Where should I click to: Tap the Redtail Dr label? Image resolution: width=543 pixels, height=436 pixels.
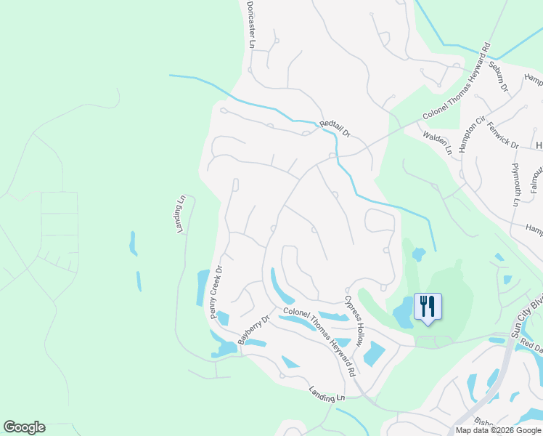(335, 130)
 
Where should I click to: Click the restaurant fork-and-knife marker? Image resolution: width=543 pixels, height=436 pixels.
(427, 306)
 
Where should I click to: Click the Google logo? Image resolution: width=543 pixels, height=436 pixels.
(24, 427)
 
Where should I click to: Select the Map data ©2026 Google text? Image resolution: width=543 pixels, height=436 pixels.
(498, 430)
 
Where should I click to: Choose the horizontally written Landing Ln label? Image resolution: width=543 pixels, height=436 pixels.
(325, 394)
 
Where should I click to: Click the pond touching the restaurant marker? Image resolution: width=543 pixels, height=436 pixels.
(403, 314)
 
